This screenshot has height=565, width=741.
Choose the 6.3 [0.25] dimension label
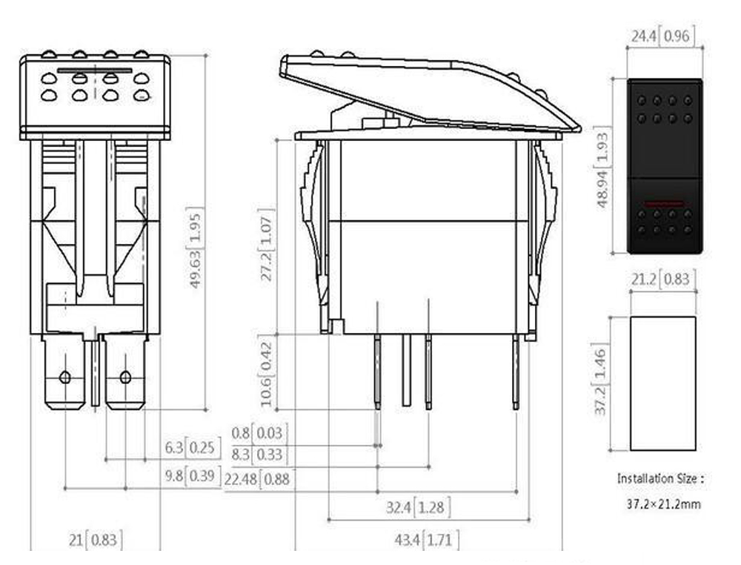192,447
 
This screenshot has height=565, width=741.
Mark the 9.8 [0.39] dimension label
192,476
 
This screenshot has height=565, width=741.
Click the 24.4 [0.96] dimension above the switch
662,36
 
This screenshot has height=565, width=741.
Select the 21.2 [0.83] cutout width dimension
662,279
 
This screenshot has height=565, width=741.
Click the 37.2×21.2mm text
663,504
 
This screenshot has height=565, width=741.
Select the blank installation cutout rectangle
662,383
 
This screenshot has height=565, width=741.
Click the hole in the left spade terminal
64,377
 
